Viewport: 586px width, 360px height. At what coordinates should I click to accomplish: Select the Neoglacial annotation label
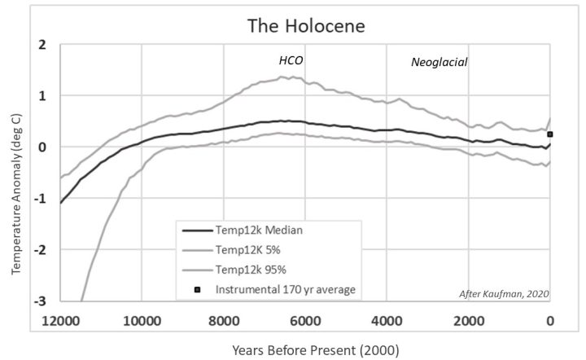439,61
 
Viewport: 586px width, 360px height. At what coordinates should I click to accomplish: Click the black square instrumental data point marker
550,134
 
